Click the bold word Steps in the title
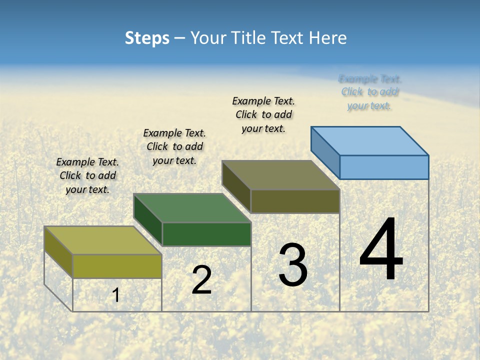[147, 38]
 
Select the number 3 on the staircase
[293, 265]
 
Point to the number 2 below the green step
[201, 280]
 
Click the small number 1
[115, 295]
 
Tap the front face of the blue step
[384, 167]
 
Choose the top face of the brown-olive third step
[281, 175]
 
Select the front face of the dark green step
[206, 234]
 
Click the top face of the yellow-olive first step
[103, 240]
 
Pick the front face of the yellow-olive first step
[117, 266]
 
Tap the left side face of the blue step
[325, 152]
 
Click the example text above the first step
[87, 175]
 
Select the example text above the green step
[174, 146]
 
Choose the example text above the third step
[263, 114]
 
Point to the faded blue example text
[369, 92]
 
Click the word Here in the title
[328, 38]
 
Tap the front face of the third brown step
[295, 201]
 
